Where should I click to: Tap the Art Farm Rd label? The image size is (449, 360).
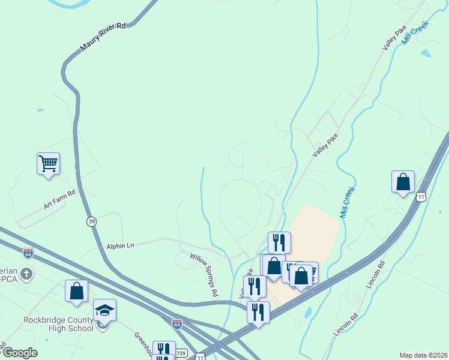pyautogui.click(x=59, y=199)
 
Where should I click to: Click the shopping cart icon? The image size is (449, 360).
pyautogui.click(x=48, y=163)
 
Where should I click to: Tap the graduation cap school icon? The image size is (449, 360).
pyautogui.click(x=104, y=310)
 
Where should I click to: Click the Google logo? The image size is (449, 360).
pyautogui.click(x=19, y=353)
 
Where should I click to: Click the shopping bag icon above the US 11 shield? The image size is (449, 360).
pyautogui.click(x=403, y=182)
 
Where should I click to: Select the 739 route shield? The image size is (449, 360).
pyautogui.click(x=181, y=353)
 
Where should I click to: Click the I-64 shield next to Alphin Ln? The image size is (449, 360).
pyautogui.click(x=28, y=253)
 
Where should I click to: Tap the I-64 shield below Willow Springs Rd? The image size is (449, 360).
pyautogui.click(x=176, y=324)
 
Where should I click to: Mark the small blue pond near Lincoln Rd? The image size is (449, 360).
pyautogui.click(x=307, y=313)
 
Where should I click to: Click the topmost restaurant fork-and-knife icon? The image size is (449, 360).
pyautogui.click(x=279, y=242)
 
